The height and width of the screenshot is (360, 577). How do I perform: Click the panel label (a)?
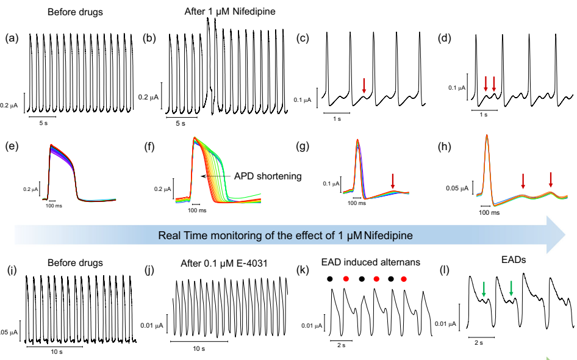[x=11, y=39]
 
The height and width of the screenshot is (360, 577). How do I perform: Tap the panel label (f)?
[x=148, y=146]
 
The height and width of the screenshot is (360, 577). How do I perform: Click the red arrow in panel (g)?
[x=393, y=181]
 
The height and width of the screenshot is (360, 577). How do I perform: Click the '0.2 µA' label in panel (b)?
[x=148, y=97]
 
